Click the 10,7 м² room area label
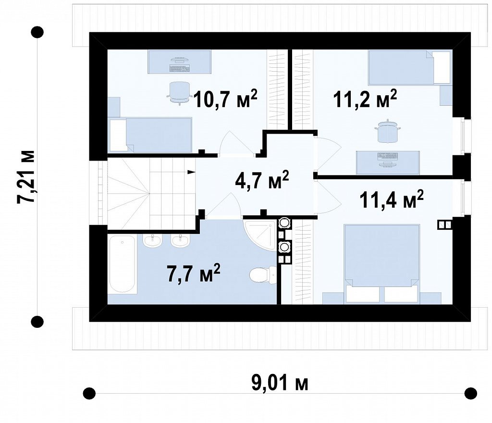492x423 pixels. [x=225, y=98]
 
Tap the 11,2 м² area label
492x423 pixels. [x=365, y=98]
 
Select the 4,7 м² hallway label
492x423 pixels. [x=262, y=180]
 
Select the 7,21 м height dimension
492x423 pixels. [x=26, y=176]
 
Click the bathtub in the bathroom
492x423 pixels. [x=122, y=264]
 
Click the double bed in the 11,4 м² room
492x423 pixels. [x=382, y=263]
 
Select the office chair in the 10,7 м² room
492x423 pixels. [x=179, y=92]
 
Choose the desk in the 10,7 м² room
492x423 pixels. [x=179, y=62]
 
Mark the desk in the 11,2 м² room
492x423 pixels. [x=388, y=162]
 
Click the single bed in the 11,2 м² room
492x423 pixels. [x=409, y=67]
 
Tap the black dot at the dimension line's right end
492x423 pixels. [x=470, y=393]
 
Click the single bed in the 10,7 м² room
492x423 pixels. [x=150, y=135]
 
